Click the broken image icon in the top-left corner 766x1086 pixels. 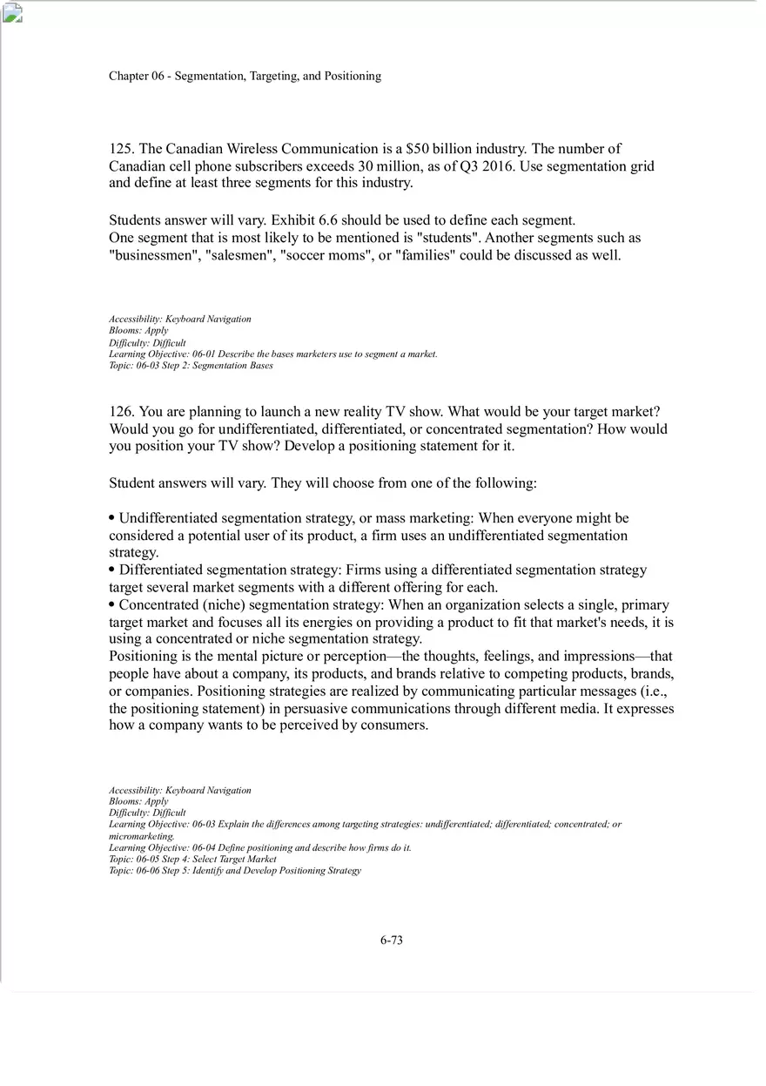12,12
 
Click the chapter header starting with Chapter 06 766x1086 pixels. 245,76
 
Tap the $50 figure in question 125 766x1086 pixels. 417,149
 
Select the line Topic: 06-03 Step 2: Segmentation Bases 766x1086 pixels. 191,366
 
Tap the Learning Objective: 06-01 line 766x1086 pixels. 272,354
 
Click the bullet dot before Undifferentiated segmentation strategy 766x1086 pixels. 112,518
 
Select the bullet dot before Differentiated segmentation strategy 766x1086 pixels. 112,570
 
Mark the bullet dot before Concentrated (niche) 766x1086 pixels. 112,604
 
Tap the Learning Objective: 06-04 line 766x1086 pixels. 259,847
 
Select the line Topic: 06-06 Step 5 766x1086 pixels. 234,870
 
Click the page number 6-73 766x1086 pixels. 391,940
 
